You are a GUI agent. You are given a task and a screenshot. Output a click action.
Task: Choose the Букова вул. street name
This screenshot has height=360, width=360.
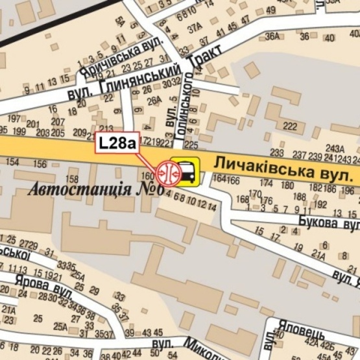click(x=328, y=223)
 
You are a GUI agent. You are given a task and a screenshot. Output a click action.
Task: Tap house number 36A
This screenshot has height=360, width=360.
click(x=273, y=36)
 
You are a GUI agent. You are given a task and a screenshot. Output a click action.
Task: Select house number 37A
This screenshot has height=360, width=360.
click(x=193, y=29)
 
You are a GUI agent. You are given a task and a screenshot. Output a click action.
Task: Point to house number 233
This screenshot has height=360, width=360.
click(x=277, y=153)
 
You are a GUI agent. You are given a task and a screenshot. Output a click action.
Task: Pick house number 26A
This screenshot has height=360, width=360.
click(x=154, y=100)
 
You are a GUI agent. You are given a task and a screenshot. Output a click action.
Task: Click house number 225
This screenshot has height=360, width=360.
click(x=191, y=144)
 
